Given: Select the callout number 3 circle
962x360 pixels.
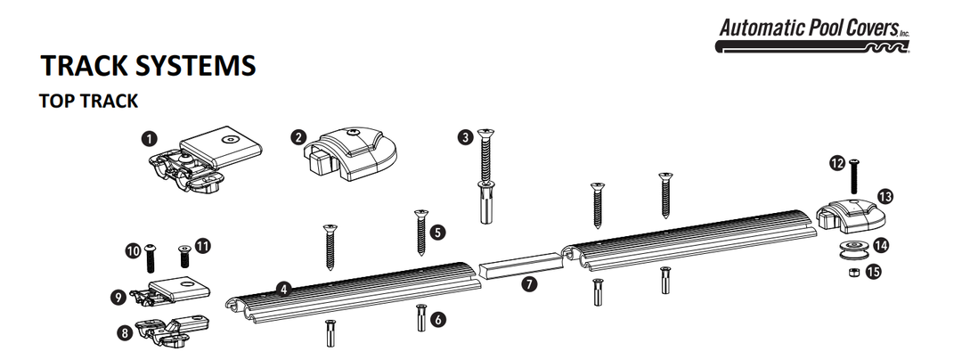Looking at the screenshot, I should [465, 137].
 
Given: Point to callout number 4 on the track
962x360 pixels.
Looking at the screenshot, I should [282, 289].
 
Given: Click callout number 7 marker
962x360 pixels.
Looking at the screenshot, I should [530, 285].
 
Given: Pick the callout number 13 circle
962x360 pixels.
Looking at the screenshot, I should [885, 194].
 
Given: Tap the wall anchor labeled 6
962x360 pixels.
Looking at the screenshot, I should [419, 317].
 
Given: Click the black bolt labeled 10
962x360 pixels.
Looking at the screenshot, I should [150, 258].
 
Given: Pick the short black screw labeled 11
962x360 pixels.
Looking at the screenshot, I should [185, 257].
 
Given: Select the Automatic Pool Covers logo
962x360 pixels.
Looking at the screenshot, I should [814, 33].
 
